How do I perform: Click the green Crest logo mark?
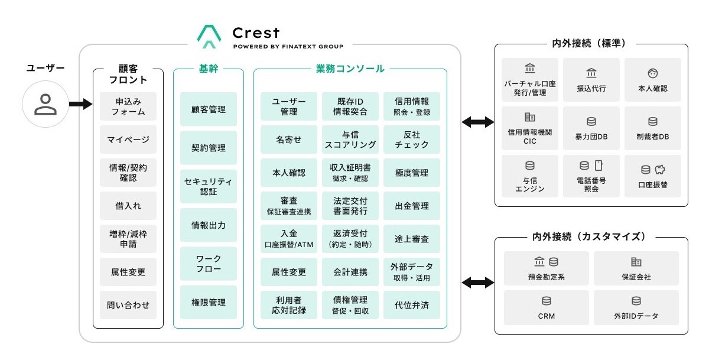tap(209, 37)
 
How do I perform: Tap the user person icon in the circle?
tap(45, 104)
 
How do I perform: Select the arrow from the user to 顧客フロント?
tap(80, 104)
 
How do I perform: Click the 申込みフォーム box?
tap(128, 106)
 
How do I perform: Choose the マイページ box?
tap(128, 140)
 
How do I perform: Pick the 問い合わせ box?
tap(128, 305)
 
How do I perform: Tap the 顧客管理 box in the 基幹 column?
tap(209, 109)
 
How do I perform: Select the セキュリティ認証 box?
tap(209, 186)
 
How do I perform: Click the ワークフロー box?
tap(209, 264)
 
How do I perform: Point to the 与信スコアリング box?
tap(350, 140)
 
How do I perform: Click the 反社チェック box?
tap(412, 140)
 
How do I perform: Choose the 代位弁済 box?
tap(412, 305)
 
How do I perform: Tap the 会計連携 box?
tap(350, 272)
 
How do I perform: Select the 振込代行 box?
tap(591, 80)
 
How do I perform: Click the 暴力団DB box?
tap(591, 128)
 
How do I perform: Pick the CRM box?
tap(547, 307)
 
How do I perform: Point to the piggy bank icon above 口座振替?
tap(660, 170)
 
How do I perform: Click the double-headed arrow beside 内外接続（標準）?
tap(477, 122)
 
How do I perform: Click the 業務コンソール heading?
tap(350, 69)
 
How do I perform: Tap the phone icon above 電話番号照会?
tap(599, 166)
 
